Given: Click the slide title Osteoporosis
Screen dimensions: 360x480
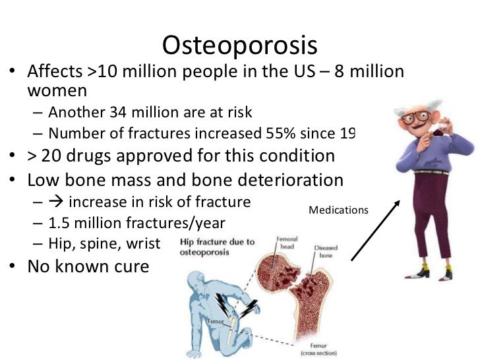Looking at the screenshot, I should coord(240,45).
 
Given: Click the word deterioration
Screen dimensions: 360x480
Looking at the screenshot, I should coord(285,181).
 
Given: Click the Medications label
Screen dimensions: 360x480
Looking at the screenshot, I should coord(338,210).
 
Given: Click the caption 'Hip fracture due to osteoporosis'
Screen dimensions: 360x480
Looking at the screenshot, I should coord(217,247).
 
